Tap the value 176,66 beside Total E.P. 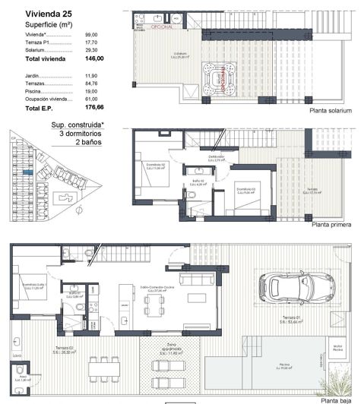tap(93, 108)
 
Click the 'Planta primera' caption tap(331, 225)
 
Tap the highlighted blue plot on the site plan tap(28, 172)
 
